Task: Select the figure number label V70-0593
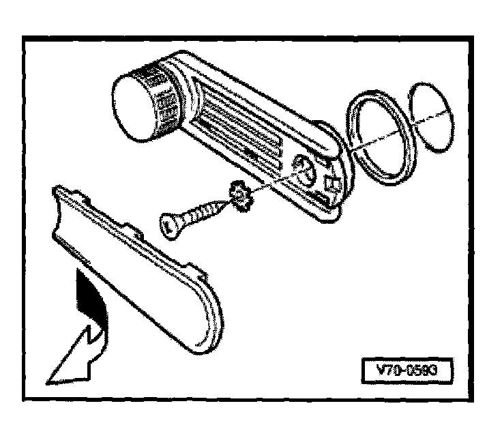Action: [x=405, y=371]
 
